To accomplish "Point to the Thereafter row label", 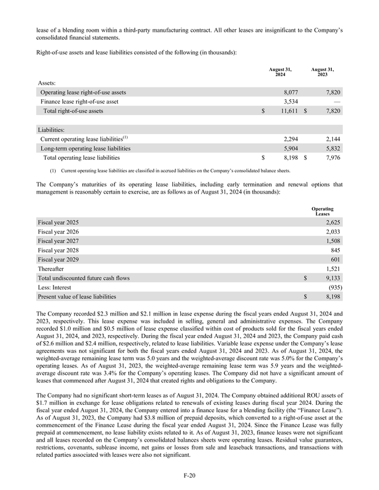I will tap(53, 269).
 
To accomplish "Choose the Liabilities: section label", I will tap(53, 129).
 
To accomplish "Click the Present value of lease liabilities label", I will tap(77, 297).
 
